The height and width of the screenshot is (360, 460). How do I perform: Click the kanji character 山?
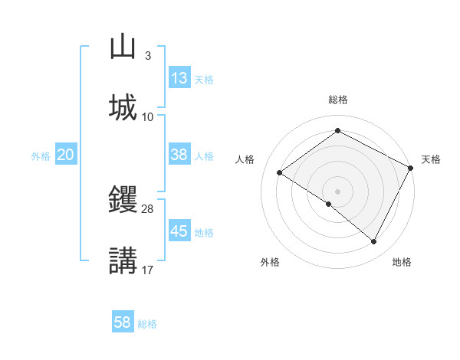(123, 46)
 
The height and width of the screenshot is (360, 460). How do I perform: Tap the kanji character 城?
(123, 106)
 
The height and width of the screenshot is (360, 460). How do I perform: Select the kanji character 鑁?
(123, 198)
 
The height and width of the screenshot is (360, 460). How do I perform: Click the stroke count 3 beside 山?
(147, 56)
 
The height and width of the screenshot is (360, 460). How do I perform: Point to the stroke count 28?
(148, 208)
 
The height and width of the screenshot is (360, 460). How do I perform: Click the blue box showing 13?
(179, 78)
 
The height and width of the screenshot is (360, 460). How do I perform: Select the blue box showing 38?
(179, 155)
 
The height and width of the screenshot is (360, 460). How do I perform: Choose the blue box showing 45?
(179, 231)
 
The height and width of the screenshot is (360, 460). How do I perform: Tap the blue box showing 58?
(123, 322)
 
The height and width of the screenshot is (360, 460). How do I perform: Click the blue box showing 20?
(65, 155)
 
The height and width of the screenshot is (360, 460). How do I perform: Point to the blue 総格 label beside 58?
(147, 324)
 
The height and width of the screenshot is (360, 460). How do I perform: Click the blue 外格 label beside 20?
(41, 155)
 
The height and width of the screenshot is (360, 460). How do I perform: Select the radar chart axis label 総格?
(338, 100)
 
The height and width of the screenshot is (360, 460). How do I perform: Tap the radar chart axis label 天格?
(431, 159)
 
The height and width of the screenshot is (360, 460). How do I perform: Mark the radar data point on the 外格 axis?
(329, 204)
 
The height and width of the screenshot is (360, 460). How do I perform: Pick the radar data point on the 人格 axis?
(280, 173)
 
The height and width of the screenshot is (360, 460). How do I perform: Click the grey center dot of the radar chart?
(338, 191)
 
